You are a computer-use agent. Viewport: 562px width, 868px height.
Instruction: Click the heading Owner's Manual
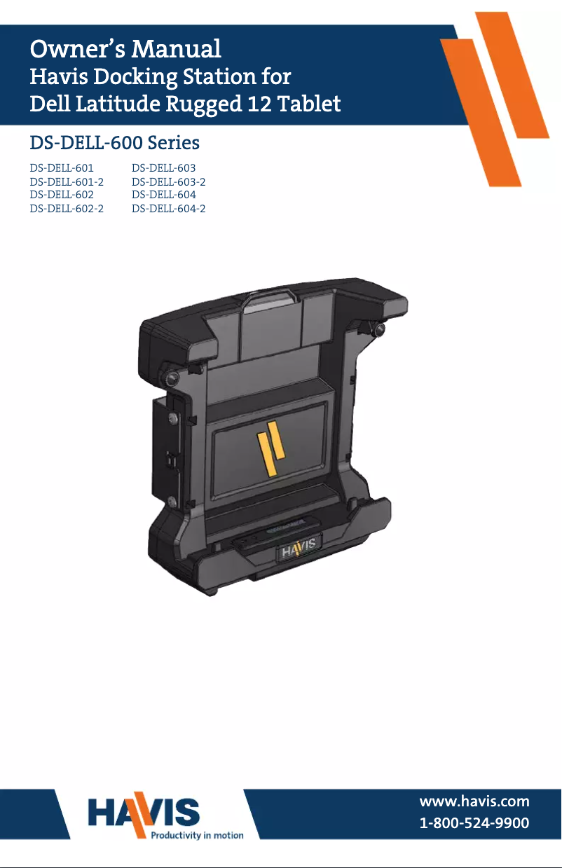[x=125, y=49]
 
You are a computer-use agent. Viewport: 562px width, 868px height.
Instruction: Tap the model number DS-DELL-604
[x=164, y=195]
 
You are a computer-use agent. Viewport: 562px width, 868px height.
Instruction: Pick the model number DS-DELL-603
[x=164, y=169]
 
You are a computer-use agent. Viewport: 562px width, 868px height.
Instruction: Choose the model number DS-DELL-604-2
[x=169, y=209]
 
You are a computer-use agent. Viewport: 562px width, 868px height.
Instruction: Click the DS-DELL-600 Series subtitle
[x=114, y=143]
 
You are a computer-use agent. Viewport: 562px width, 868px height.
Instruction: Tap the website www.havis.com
[x=474, y=801]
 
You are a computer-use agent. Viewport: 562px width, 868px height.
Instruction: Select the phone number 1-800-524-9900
[x=474, y=823]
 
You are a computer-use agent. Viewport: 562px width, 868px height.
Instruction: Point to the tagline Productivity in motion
[x=198, y=835]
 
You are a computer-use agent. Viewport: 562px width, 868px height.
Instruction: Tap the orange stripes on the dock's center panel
[x=270, y=453]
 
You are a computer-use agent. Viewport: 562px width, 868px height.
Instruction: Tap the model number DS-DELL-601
[x=62, y=169]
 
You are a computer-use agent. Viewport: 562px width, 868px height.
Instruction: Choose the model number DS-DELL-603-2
[x=169, y=182]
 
